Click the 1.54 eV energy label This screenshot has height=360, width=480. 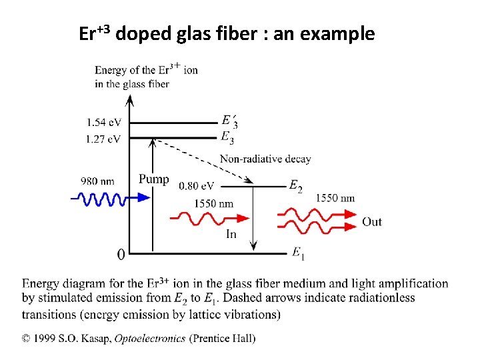103,123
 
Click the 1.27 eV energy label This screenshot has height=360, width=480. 103,139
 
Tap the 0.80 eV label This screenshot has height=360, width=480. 197,186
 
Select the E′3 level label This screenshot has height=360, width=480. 229,121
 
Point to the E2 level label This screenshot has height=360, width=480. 295,187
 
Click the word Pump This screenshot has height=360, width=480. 153,179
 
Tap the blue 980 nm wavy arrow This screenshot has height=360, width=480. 100,199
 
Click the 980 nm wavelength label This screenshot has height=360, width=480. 97,181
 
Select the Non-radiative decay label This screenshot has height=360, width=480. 265,159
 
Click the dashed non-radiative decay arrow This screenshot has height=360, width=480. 200,160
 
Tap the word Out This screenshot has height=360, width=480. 372,221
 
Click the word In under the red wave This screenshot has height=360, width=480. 231,233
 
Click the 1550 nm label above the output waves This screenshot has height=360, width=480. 335,198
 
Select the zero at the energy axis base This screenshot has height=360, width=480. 121,254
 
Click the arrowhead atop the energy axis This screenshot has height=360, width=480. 130,99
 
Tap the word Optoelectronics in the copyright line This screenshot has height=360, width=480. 150,339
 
